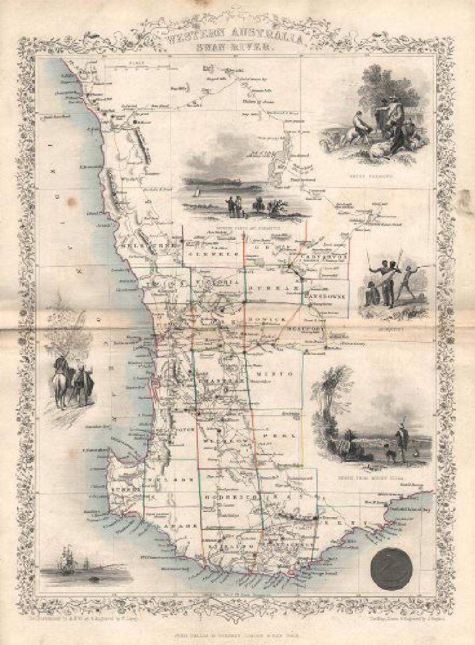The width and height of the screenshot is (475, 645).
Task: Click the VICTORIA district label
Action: pos(218,282)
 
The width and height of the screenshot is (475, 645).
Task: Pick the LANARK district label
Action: pos(174,526)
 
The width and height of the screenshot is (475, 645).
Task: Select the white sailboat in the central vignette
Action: pos(198,192)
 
